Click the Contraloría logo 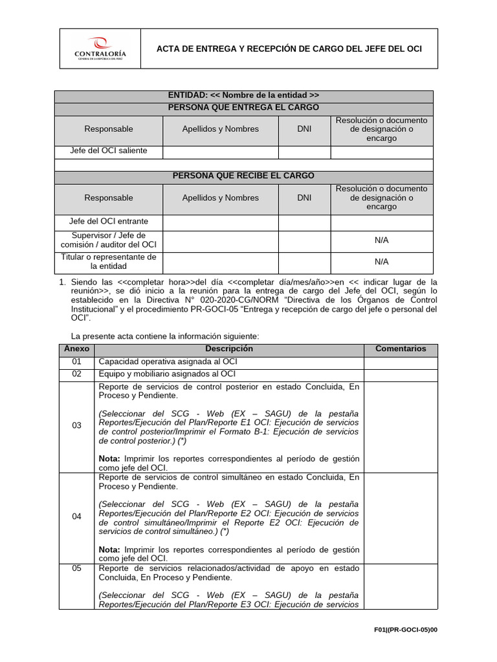pos(100,48)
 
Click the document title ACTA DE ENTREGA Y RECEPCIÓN pos(290,49)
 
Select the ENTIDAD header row pos(243,96)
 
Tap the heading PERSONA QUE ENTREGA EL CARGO pos(243,107)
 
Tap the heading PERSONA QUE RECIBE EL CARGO pos(243,176)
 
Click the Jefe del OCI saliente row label pos(109,151)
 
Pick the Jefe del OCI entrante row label pos(109,221)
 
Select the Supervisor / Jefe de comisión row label pos(109,240)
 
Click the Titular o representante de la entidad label pos(109,261)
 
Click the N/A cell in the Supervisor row pos(382,240)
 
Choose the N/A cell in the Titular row pos(382,262)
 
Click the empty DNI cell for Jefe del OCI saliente pos(304,151)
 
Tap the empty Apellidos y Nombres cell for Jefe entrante pos(220,222)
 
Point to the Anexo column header pos(76,349)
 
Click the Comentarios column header pos(401,349)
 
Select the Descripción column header pos(229,349)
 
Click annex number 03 pos(77,425)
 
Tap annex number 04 pos(77,517)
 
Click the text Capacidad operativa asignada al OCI pos(168,362)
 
